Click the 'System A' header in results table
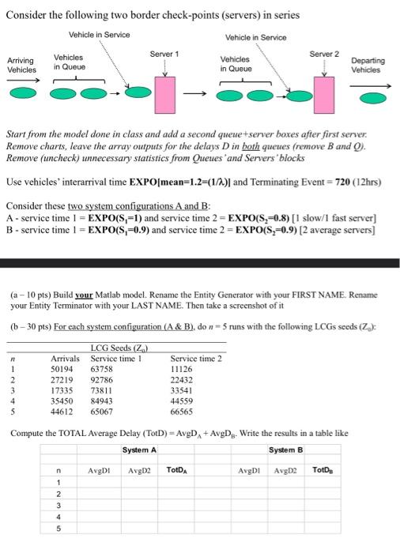click(x=139, y=450)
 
